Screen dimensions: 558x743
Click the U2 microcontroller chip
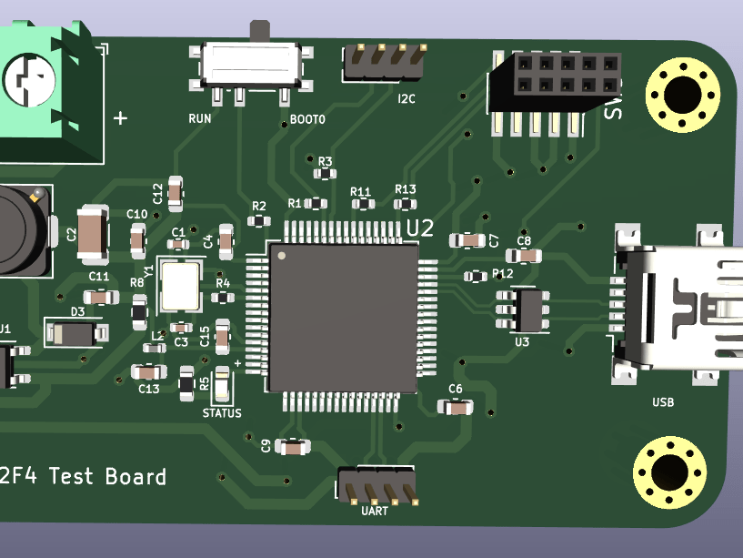coord(343,317)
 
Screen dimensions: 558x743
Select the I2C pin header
coord(386,62)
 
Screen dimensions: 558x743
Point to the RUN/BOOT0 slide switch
coord(251,65)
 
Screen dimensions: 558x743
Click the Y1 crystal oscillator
coord(179,284)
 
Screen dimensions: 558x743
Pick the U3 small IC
coord(522,309)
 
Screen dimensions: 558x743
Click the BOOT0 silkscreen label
coord(307,120)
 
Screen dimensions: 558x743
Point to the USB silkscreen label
coord(663,401)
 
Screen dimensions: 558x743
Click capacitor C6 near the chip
coord(456,407)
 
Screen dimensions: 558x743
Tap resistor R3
coord(324,173)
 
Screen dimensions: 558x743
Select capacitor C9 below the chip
coord(292,447)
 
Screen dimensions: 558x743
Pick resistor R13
coord(405,203)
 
